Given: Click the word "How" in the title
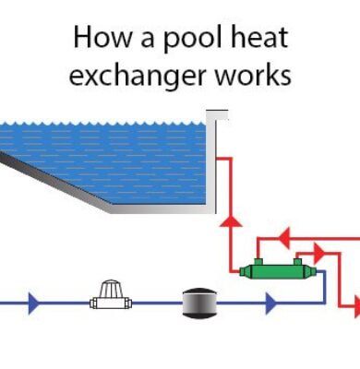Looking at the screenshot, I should pos(97,40).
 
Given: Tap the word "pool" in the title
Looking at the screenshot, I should pos(174,40).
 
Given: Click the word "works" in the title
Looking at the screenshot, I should pos(251,74).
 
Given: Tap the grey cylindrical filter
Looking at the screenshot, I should pos(198,301).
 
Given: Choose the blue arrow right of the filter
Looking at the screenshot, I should pos(270,302).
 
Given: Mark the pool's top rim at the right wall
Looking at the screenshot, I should pos(217,113).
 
